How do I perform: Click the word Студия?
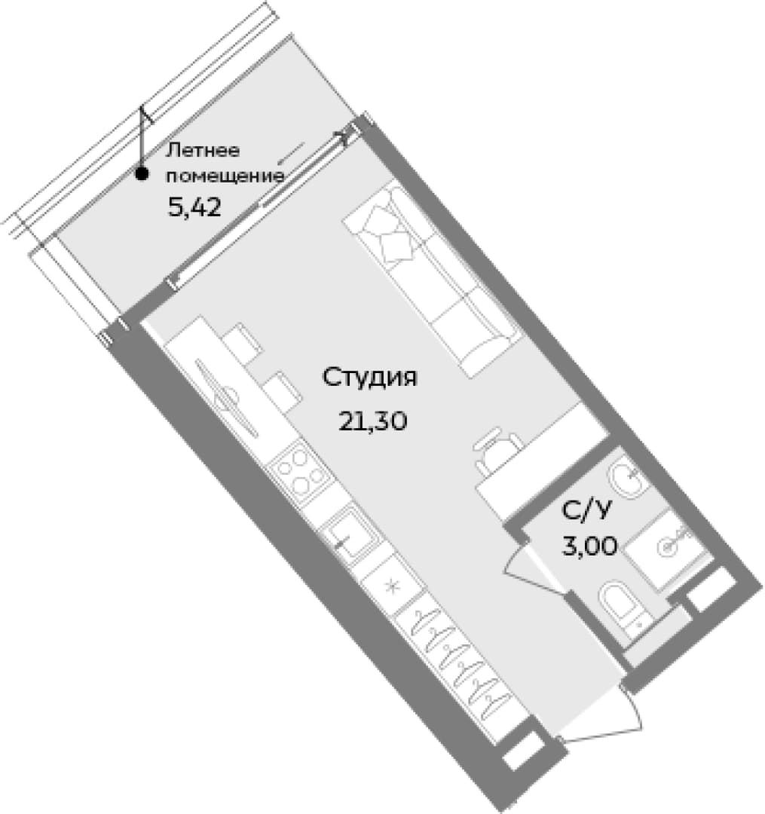click(x=369, y=378)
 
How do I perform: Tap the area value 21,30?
click(x=372, y=421)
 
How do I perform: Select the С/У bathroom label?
click(x=585, y=511)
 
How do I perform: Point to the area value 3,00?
click(x=590, y=546)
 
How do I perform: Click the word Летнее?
click(x=203, y=151)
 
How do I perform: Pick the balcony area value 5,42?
click(x=194, y=208)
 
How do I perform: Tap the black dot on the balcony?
click(x=141, y=174)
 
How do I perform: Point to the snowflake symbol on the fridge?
click(x=393, y=587)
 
